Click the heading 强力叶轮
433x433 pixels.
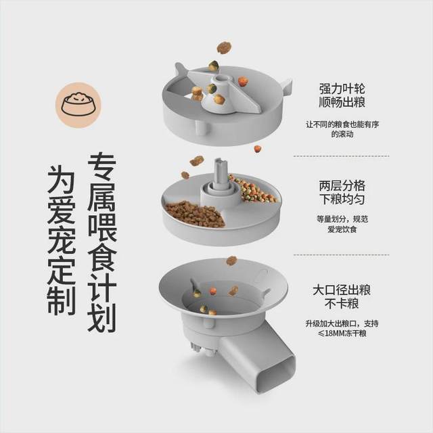tap(343, 89)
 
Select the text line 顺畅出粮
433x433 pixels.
tap(343, 103)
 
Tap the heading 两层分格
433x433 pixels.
tap(343, 185)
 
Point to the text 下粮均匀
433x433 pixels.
tap(343, 199)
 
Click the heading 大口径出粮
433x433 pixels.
tap(341, 291)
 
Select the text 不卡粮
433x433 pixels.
tap(342, 304)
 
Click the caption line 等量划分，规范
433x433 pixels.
tap(343, 219)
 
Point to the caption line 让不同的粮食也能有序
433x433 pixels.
tap(343, 124)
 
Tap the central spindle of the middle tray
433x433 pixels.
tap(220, 175)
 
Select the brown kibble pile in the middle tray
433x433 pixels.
tap(195, 213)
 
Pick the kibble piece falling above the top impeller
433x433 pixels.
tap(223, 47)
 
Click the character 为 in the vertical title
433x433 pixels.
tap(61, 177)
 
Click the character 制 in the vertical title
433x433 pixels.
tap(61, 301)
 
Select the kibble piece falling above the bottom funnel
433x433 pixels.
tap(231, 260)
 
